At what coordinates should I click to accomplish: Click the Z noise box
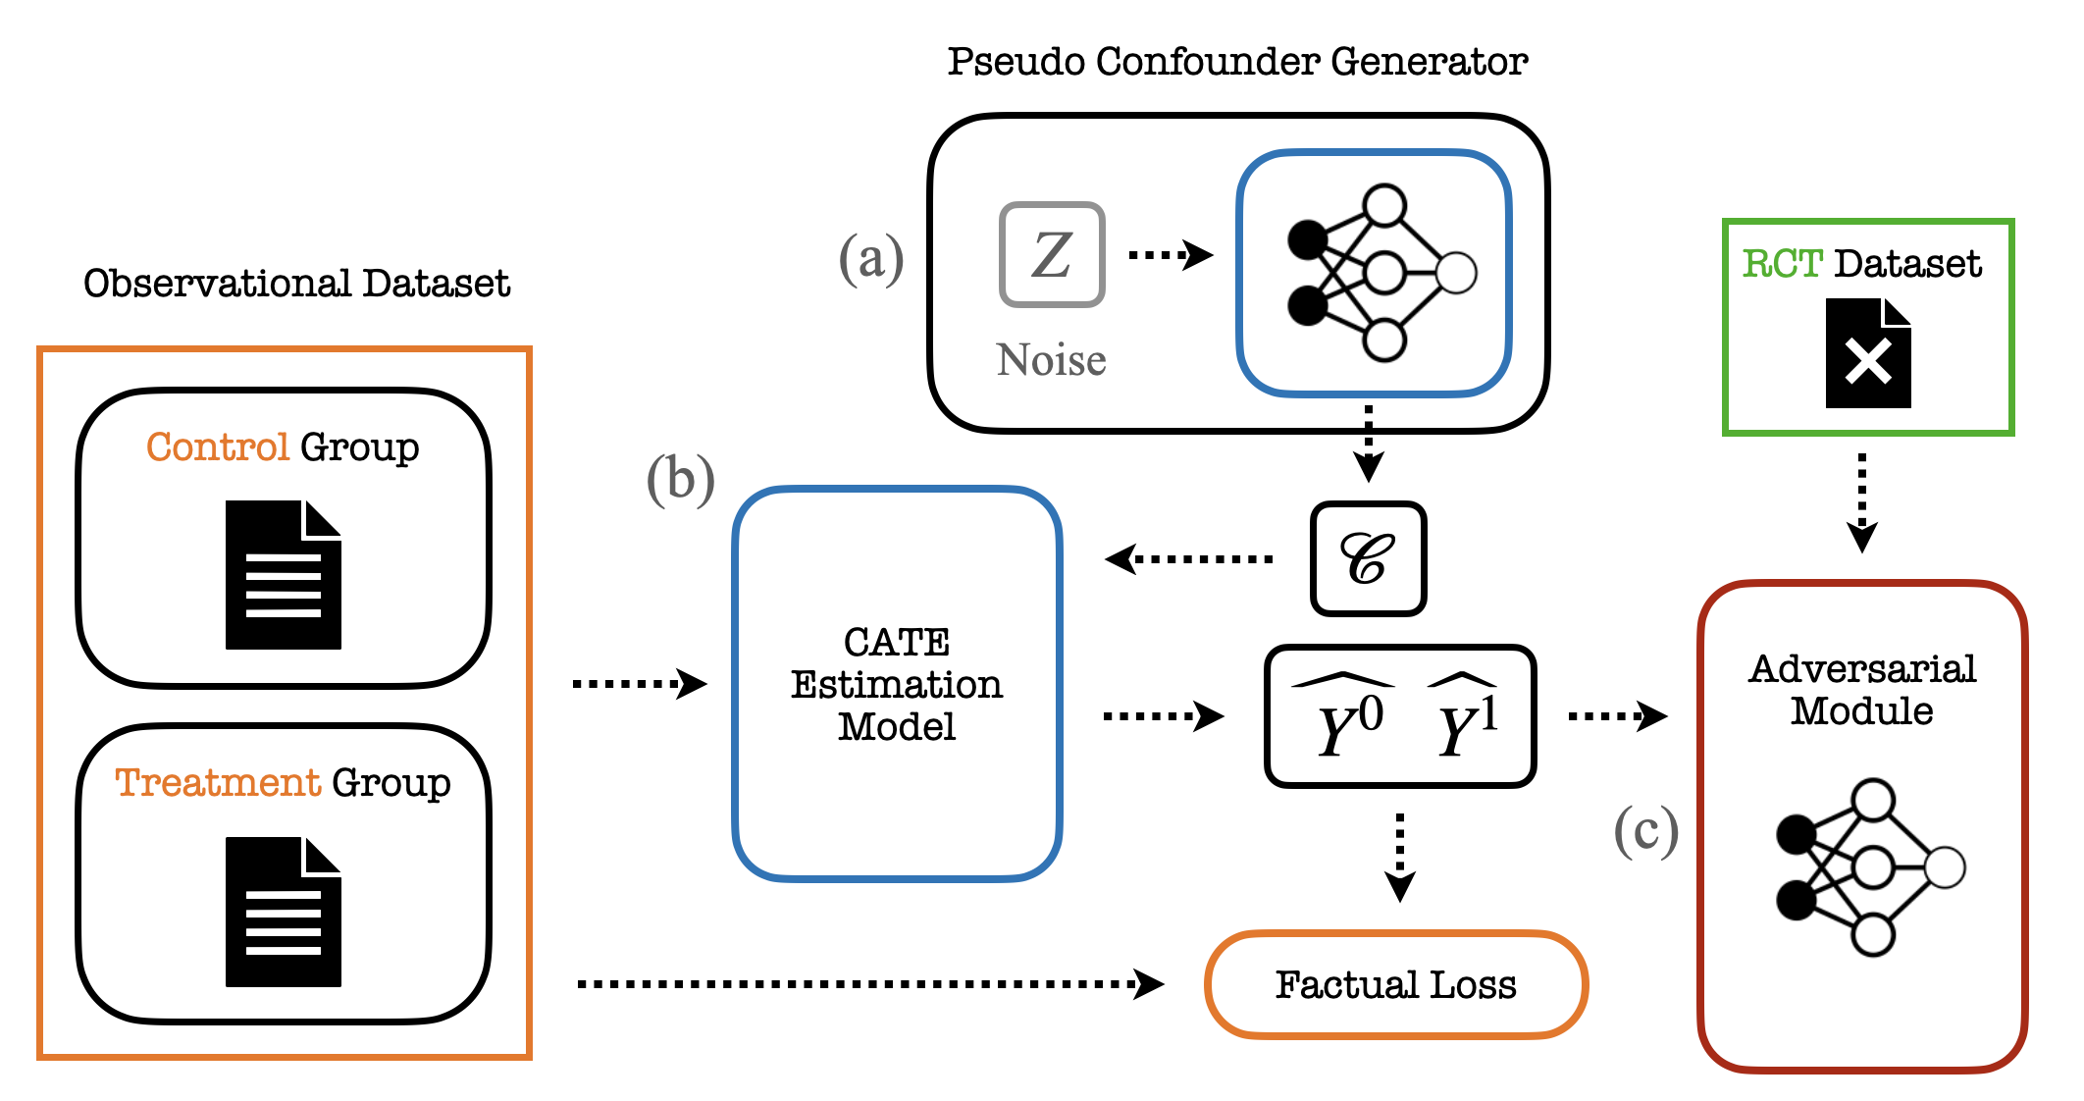point(1052,255)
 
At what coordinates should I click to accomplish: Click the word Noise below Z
point(1051,360)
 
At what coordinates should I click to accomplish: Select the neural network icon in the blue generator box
point(1381,273)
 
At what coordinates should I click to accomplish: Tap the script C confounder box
point(1368,559)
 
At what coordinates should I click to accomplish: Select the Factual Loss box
point(1395,984)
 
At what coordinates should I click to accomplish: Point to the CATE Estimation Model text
point(897,684)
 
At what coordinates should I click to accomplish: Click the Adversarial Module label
point(1861,690)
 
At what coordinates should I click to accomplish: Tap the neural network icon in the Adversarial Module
point(1869,868)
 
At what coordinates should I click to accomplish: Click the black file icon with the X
point(1868,353)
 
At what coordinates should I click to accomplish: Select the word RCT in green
point(1782,264)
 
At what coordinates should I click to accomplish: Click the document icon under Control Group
point(284,575)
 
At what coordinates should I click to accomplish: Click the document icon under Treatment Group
point(284,912)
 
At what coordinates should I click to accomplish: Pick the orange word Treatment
point(218,783)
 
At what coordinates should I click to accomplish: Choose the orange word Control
point(218,447)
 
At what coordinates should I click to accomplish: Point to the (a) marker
point(870,259)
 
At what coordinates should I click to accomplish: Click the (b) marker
point(680,481)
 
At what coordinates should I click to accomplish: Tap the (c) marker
point(1645,832)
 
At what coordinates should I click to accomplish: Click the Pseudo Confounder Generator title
point(1237,62)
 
